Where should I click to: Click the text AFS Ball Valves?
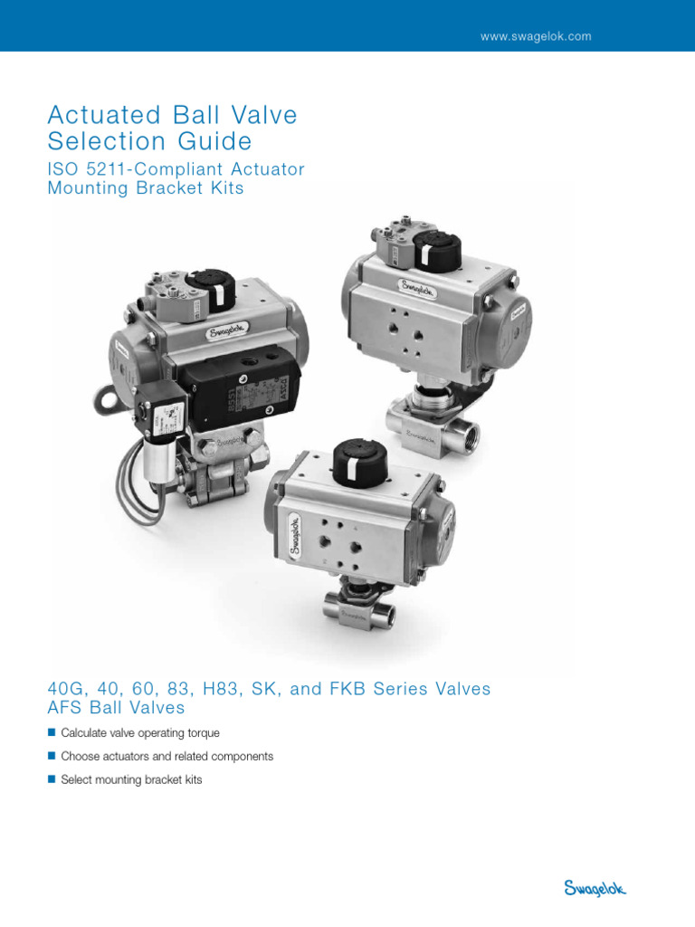116,708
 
